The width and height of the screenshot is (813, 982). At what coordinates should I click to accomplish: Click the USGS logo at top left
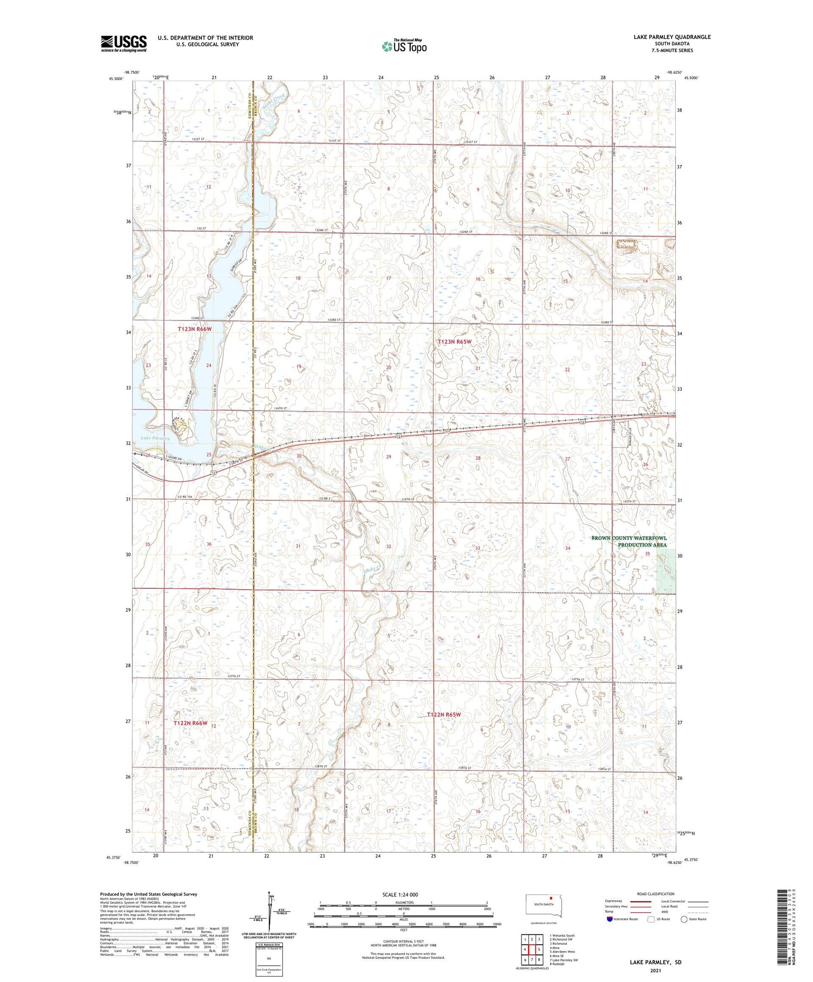[x=124, y=43]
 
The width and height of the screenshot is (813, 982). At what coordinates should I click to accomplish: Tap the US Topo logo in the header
[x=404, y=47]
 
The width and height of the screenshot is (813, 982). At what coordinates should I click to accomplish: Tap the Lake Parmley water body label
[x=155, y=438]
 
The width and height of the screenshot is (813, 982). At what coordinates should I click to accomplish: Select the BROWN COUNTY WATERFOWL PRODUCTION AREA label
[x=629, y=541]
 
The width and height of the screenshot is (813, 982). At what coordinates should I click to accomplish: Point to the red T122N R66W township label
[x=191, y=723]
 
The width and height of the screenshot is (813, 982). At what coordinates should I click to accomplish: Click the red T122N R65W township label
[x=443, y=714]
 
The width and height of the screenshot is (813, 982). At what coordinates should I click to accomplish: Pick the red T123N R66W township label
[x=195, y=329]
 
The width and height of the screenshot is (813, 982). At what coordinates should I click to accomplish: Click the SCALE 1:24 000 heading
[x=403, y=894]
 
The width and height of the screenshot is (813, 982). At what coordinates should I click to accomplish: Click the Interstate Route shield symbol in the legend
[x=610, y=919]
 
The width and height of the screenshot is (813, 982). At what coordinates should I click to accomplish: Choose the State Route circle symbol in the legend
[x=684, y=919]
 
